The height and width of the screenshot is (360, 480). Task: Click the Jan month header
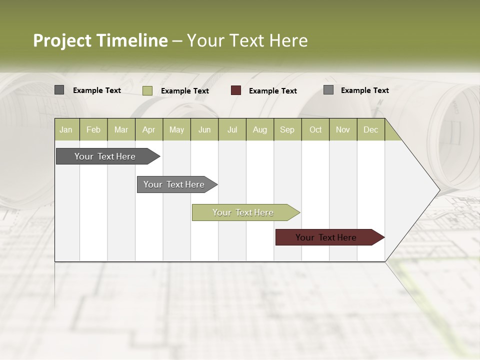[66, 129]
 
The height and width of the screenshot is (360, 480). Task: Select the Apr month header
[148, 129]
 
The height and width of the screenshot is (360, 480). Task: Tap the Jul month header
[232, 129]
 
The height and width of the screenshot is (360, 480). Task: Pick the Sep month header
[287, 129]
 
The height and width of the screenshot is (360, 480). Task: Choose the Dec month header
[370, 129]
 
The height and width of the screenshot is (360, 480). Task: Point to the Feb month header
[93, 129]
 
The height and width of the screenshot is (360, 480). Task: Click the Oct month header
[315, 129]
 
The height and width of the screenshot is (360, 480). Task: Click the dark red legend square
[236, 90]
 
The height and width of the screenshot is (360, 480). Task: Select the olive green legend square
[147, 90]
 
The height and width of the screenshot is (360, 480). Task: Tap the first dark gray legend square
[59, 90]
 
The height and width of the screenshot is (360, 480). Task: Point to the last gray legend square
[328, 90]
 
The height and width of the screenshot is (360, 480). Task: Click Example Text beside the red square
[272, 90]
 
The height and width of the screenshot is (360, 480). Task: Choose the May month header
[176, 129]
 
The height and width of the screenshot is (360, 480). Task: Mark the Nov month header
[343, 129]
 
